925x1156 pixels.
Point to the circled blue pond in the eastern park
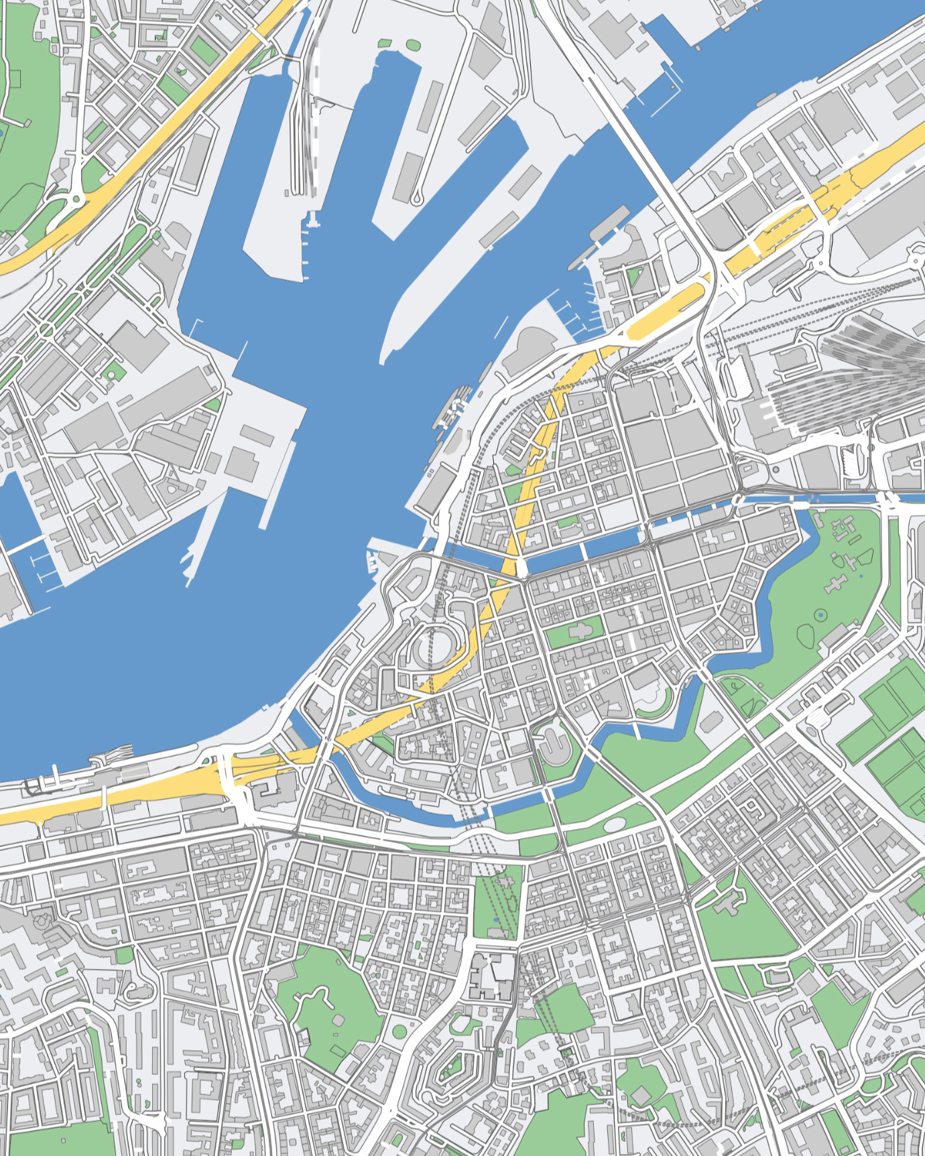click(820, 615)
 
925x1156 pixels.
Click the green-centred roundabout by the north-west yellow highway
click(76, 198)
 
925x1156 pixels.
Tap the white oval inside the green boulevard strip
click(614, 825)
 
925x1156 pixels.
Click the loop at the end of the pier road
click(416, 198)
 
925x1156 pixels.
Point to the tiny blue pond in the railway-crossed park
click(496, 920)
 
